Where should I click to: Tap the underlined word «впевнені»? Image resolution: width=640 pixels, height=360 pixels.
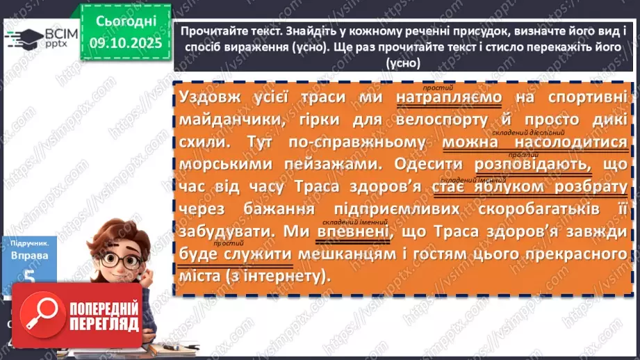(x=352, y=232)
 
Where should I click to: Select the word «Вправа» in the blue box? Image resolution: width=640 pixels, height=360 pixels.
(x=29, y=255)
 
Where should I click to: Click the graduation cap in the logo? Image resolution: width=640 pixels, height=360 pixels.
(x=24, y=38)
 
